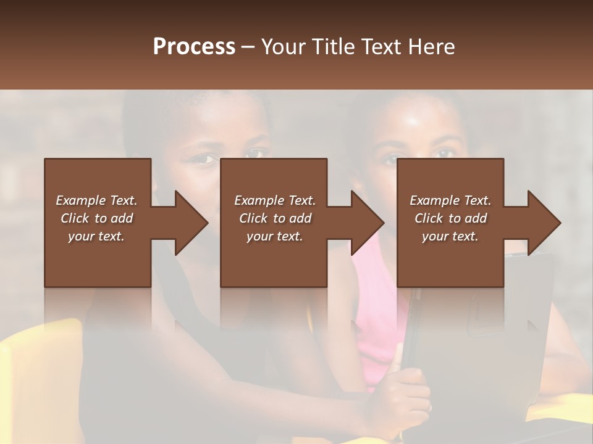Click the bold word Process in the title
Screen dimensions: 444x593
pos(194,47)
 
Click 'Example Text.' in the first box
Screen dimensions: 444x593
pos(96,200)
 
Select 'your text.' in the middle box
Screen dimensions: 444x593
pos(274,236)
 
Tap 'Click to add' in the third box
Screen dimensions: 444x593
pos(450,218)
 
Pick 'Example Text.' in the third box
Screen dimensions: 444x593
pos(450,200)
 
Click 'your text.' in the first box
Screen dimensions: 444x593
pos(96,236)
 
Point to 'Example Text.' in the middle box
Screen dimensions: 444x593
pos(274,200)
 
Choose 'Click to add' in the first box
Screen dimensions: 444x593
pos(96,218)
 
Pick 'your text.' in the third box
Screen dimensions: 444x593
pos(450,236)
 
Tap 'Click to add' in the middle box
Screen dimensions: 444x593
pos(274,218)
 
